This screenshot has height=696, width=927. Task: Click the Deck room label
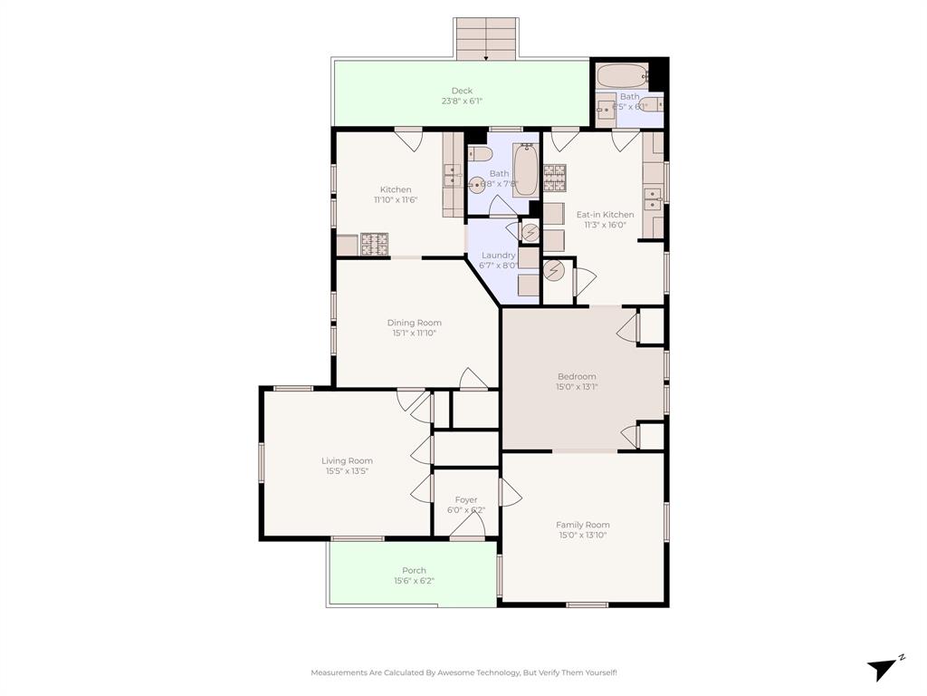[462, 91]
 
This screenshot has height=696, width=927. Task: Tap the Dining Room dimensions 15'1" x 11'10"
[414, 333]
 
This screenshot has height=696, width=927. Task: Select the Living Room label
[347, 460]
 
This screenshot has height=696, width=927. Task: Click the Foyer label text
[465, 499]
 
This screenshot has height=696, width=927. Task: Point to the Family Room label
[582, 525]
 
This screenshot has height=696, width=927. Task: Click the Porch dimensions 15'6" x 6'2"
[414, 581]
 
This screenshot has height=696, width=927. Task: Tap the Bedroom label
[577, 376]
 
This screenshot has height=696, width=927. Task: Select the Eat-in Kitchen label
[605, 215]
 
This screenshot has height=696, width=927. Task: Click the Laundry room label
[498, 256]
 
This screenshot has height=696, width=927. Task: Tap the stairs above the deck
[486, 38]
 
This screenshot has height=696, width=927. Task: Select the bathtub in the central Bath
[525, 169]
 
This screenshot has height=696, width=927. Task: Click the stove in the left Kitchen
[374, 243]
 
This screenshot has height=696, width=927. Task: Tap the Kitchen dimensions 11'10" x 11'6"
[396, 199]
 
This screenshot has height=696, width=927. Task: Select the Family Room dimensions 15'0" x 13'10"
[582, 536]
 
